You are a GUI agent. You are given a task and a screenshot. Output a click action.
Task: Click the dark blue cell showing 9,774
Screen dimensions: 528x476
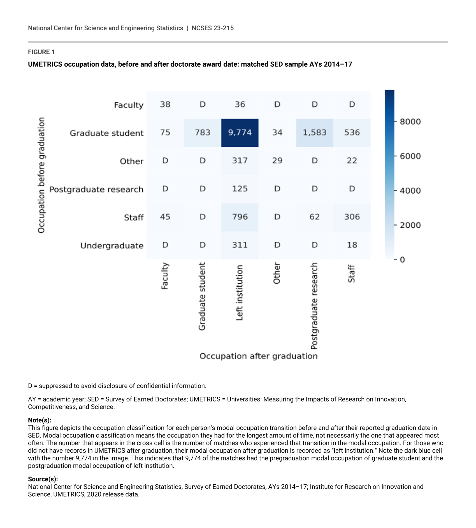240,133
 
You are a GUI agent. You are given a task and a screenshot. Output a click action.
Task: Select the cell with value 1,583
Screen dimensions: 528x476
314,133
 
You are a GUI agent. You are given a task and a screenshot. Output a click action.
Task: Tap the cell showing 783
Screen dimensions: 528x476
203,133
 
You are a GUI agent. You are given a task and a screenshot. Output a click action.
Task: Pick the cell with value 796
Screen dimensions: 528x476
240,217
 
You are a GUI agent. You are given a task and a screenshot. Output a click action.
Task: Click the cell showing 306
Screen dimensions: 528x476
352,217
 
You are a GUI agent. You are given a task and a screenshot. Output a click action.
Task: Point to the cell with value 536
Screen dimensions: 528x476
352,133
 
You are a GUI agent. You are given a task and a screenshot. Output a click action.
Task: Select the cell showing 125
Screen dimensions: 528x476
240,189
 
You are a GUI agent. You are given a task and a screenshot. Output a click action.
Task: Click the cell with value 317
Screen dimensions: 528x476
240,161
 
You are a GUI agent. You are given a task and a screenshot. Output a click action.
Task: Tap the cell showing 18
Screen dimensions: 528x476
352,245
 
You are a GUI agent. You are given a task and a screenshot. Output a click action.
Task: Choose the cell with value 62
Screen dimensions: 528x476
314,217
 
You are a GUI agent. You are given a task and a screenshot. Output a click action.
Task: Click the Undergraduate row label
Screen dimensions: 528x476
112,246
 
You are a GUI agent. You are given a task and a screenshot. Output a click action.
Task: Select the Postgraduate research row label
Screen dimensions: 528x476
96,190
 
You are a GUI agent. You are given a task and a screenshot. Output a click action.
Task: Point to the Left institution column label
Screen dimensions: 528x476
239,293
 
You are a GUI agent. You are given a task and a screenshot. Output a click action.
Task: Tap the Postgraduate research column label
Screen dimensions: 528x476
314,306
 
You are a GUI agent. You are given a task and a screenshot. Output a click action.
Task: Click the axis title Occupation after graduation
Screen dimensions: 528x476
258,356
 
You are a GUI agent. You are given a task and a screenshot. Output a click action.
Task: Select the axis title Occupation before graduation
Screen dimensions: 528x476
41,175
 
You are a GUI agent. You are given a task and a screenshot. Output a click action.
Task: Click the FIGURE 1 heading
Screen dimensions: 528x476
41,52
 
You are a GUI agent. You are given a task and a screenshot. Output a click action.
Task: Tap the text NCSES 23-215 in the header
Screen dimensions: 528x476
213,28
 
